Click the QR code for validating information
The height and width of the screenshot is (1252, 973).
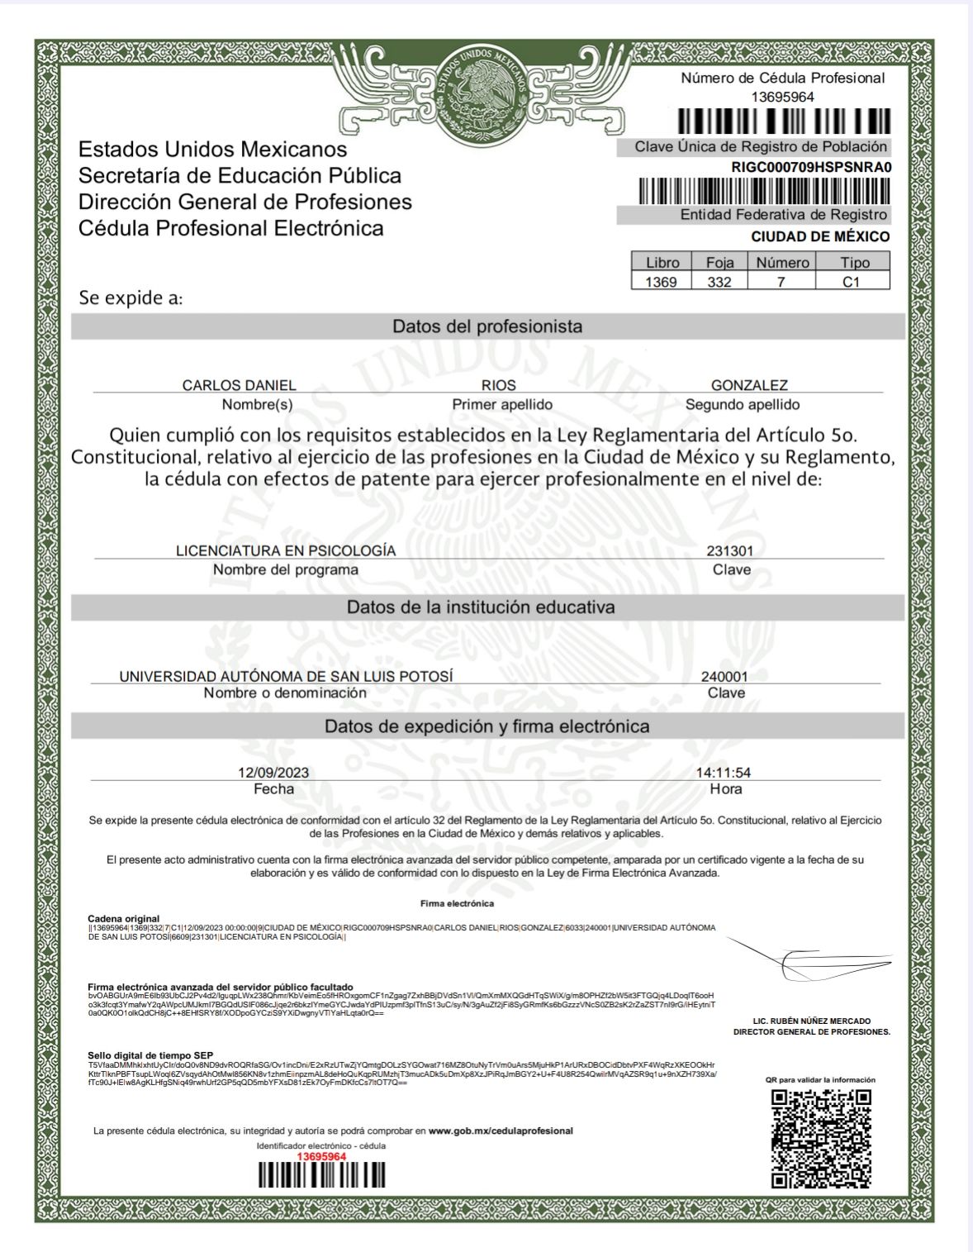821,1139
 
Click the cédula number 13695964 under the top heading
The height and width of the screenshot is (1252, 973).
782,97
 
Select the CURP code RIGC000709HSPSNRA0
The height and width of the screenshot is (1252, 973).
811,167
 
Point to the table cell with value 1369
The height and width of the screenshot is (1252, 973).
661,282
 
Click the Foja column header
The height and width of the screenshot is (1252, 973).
719,263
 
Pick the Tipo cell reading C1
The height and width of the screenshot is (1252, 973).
852,282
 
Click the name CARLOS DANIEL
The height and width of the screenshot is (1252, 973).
239,385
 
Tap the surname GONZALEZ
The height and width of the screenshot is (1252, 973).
749,385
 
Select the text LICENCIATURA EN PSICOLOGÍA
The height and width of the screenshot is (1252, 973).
286,550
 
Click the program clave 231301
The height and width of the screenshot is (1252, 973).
729,550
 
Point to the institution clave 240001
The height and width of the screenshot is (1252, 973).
724,676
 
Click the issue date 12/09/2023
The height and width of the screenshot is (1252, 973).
273,773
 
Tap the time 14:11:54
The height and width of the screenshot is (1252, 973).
723,773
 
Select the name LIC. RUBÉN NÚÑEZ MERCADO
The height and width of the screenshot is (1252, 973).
812,1021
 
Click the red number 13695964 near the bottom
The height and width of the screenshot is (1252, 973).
321,1156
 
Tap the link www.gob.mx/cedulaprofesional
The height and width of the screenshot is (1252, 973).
501,1131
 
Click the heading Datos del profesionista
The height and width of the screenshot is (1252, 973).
487,326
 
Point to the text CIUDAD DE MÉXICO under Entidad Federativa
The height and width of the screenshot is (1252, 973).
820,236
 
